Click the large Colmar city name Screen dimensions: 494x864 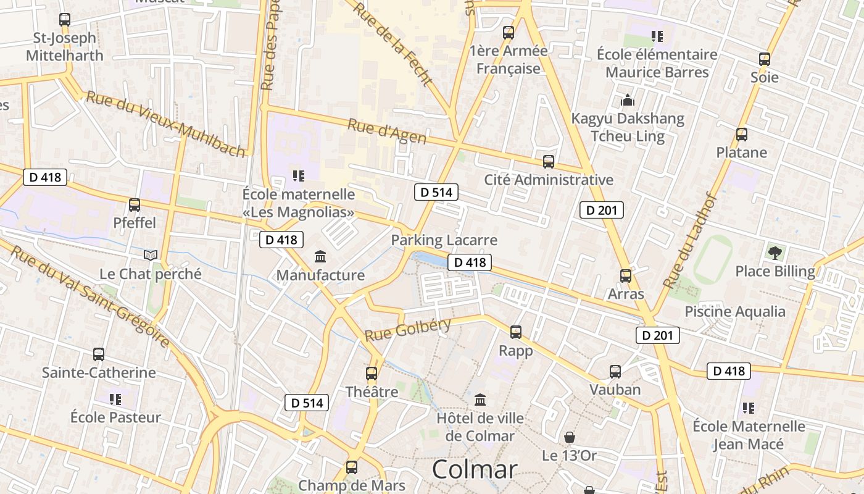(475, 469)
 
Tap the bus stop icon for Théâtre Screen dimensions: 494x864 (372, 374)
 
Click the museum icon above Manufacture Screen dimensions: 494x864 (320, 256)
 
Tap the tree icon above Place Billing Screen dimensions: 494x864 (775, 253)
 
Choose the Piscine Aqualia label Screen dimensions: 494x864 (735, 311)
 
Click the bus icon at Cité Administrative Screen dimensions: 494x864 (549, 162)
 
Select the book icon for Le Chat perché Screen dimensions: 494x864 (151, 255)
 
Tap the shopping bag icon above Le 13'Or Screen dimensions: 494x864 (570, 437)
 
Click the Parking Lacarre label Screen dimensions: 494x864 (444, 240)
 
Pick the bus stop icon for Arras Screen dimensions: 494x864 (626, 276)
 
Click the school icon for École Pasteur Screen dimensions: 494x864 (115, 400)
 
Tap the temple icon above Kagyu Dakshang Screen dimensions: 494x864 (628, 100)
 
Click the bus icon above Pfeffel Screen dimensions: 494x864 (135, 205)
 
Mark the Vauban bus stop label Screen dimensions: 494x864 (615, 390)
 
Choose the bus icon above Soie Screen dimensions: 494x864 (765, 60)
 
